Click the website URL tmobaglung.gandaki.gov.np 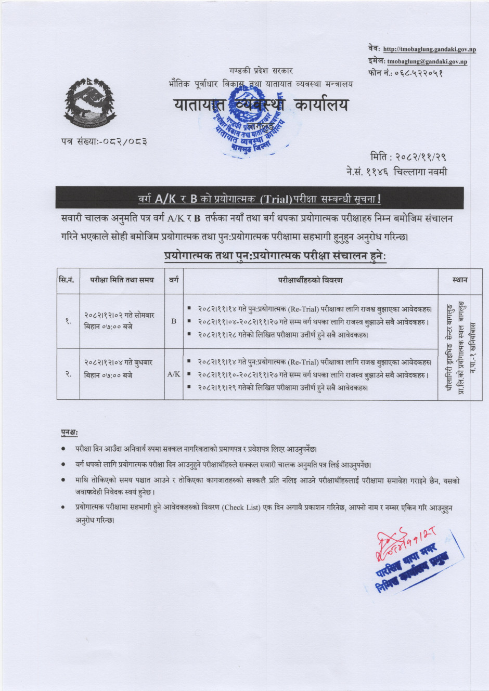[x=429, y=49]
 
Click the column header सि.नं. [x=68, y=280]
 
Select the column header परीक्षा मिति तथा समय [x=122, y=280]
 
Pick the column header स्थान [x=460, y=280]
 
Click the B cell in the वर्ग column [x=174, y=321]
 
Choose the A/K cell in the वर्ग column [x=174, y=374]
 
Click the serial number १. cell [x=68, y=321]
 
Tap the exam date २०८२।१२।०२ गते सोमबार [x=119, y=316]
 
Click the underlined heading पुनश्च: [x=69, y=432]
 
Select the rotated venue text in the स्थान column [x=460, y=348]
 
